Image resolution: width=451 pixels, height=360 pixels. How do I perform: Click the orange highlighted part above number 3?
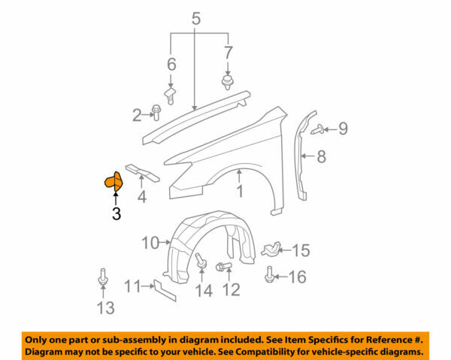click(112, 181)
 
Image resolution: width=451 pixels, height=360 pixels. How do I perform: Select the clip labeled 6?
click(171, 94)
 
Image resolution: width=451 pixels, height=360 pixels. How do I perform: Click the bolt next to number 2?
click(157, 112)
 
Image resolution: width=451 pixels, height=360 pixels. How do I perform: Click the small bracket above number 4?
click(142, 172)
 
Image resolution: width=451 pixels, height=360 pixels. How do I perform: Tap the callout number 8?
click(320, 157)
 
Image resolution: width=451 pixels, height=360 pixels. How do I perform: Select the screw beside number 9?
click(318, 129)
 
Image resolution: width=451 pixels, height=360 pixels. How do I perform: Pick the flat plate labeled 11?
click(164, 289)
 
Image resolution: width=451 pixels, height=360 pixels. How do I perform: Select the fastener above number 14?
click(201, 262)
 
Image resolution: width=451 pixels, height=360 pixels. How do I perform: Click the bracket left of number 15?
click(273, 249)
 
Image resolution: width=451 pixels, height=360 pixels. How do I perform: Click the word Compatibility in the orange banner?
click(290, 352)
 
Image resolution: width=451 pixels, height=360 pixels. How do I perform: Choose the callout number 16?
click(297, 277)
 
